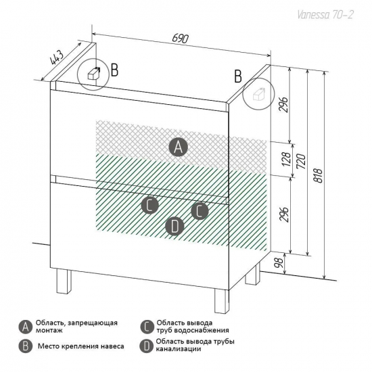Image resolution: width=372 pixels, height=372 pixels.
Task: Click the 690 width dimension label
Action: coord(180,39)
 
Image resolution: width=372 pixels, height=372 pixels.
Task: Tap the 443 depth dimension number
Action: coord(57,57)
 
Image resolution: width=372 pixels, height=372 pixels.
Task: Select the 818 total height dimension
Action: coord(319,175)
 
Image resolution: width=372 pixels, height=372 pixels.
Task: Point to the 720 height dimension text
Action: coord(301,161)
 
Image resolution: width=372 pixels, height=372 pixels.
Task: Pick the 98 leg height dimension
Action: coord(279,262)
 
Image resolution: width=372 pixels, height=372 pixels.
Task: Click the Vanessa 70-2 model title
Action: coord(325,15)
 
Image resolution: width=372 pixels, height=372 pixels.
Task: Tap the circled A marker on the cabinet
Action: coord(178,147)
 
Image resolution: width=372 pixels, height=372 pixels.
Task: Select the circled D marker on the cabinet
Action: coord(175,226)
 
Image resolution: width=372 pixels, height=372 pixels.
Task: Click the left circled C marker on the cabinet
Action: coord(150,205)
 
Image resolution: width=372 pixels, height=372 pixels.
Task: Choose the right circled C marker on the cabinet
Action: coord(200,211)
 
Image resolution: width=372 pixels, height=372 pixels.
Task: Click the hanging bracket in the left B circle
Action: coord(94,73)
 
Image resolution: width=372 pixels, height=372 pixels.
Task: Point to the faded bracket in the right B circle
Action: coord(259,94)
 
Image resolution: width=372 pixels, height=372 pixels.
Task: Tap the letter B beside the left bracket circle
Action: coord(114,70)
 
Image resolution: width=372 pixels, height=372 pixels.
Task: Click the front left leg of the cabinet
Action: coord(64,282)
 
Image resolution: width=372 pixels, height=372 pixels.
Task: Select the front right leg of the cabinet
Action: coord(222,300)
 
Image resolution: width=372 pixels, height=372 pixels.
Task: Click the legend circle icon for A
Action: coord(26,327)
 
